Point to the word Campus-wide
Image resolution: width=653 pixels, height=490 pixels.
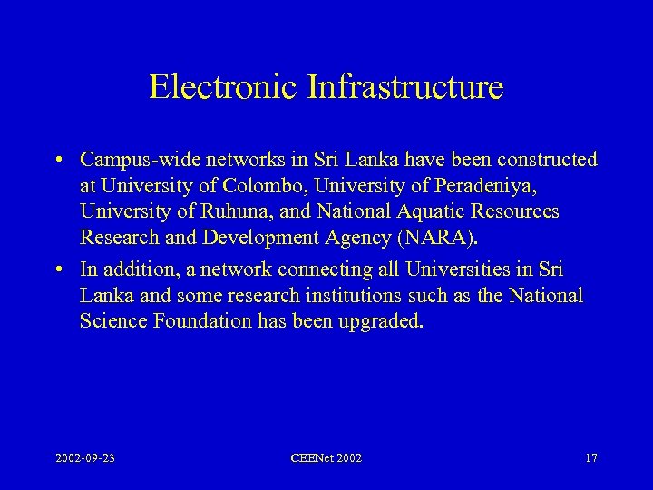[131, 161]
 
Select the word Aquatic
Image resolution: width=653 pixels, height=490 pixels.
[415, 211]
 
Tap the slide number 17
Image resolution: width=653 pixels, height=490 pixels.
[590, 458]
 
